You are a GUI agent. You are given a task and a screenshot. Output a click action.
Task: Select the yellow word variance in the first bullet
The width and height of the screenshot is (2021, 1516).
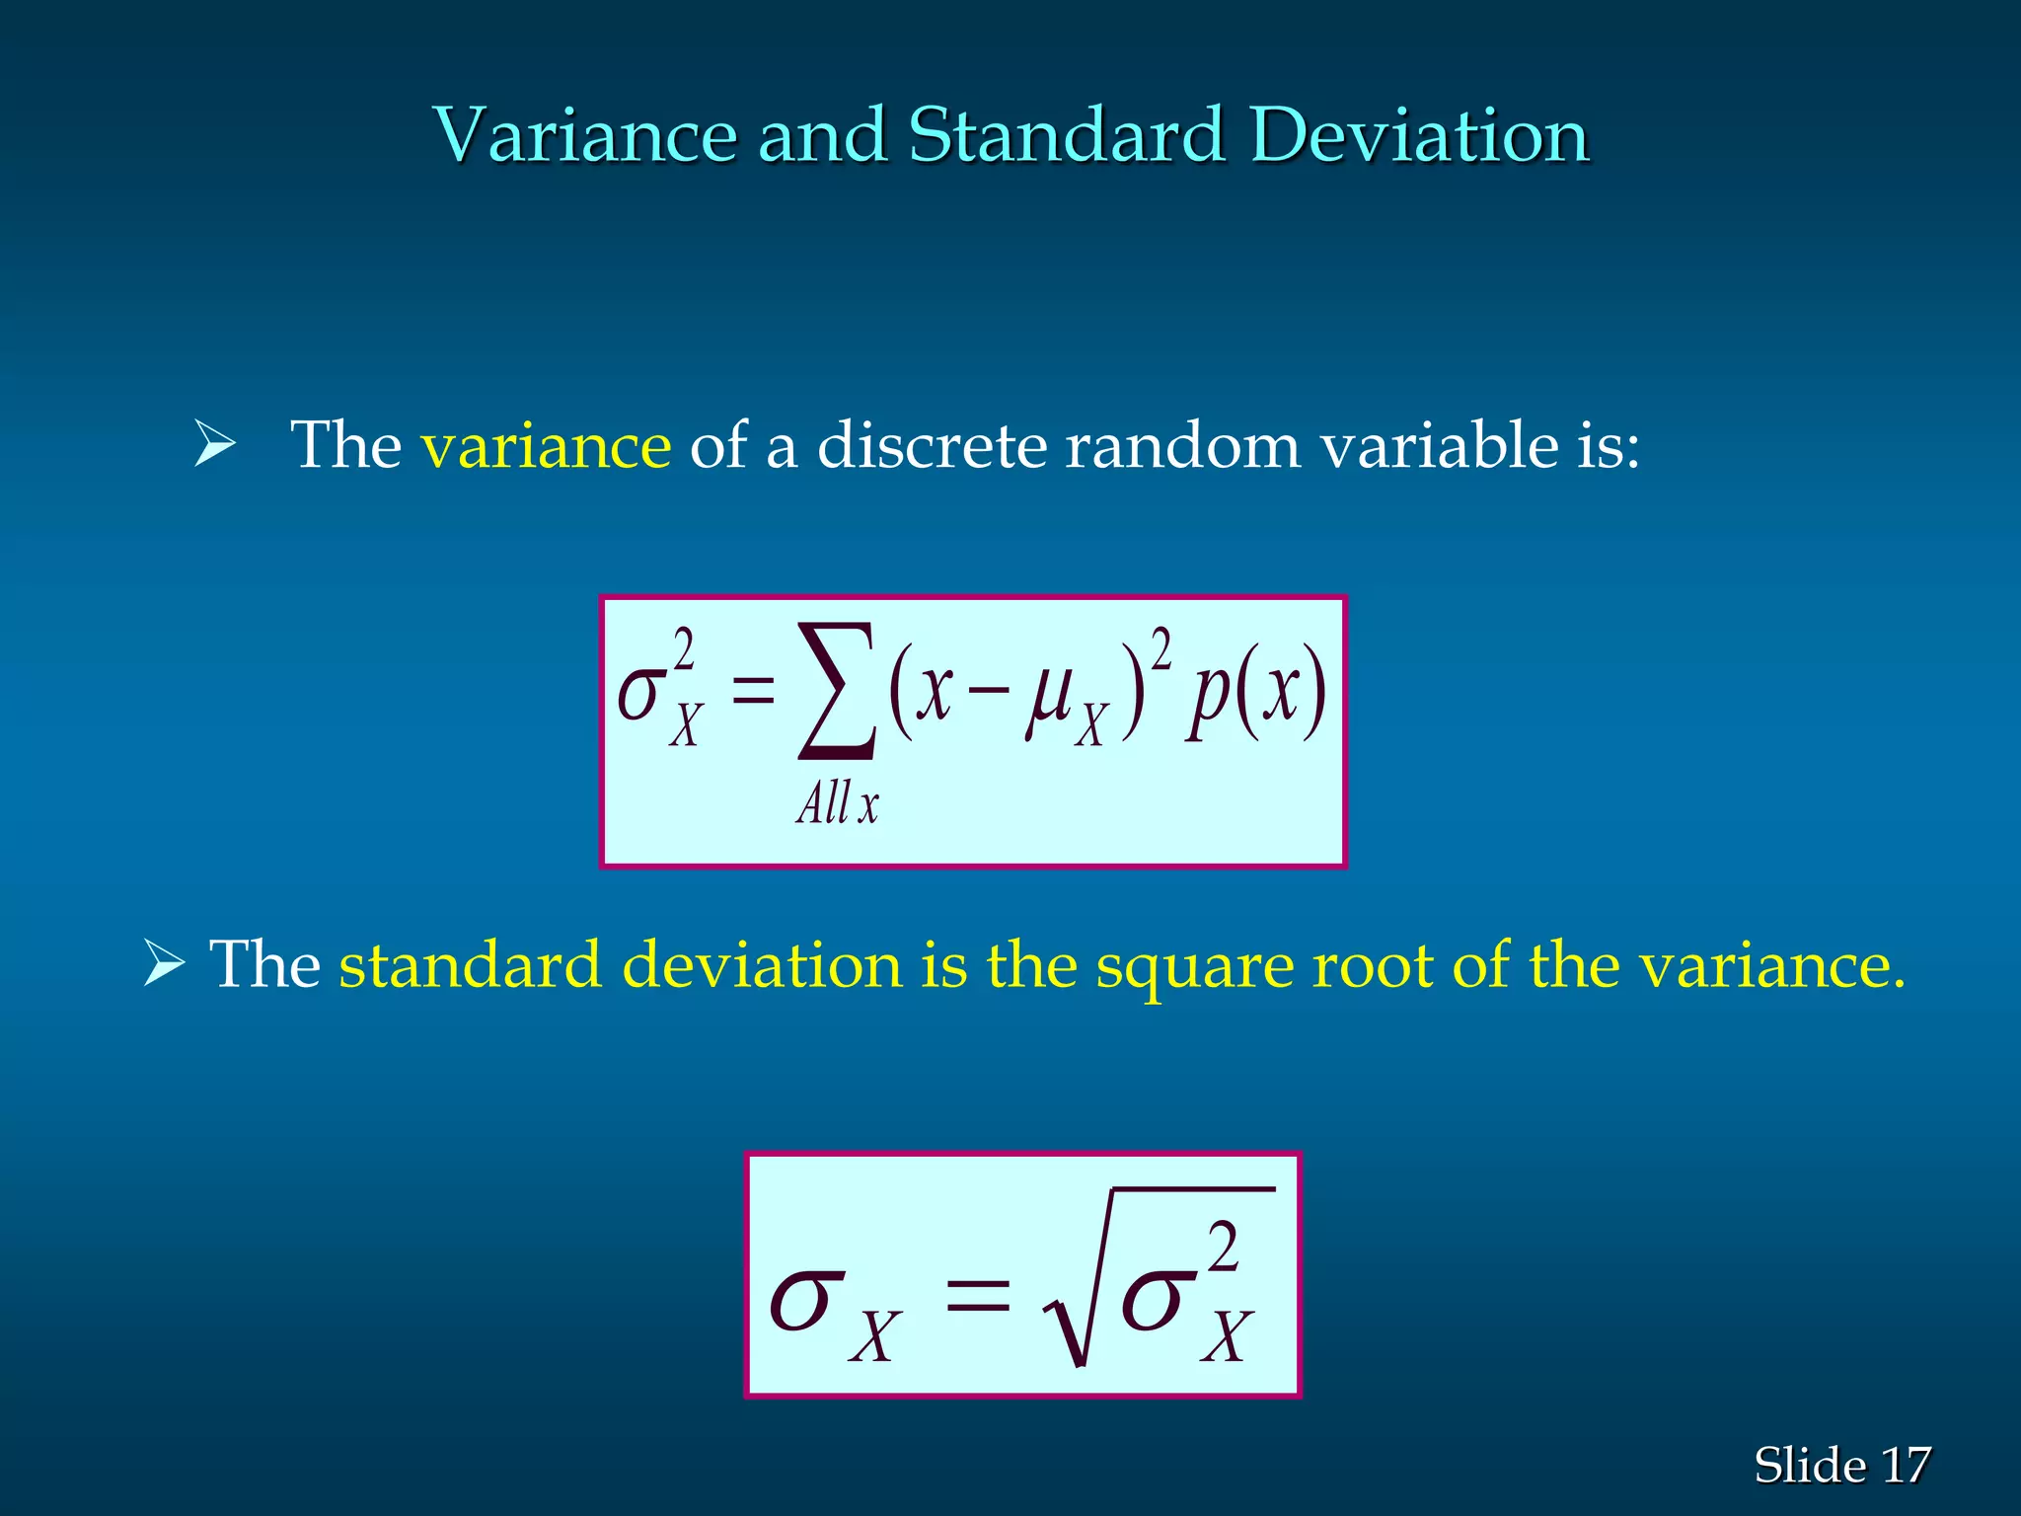tap(546, 445)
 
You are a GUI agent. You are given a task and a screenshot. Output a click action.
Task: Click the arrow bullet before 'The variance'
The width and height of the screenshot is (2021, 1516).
tap(214, 443)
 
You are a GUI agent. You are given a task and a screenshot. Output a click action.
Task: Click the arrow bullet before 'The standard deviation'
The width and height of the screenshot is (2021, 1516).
tap(164, 963)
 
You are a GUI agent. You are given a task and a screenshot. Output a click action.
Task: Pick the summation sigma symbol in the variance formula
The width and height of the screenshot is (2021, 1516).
tap(836, 691)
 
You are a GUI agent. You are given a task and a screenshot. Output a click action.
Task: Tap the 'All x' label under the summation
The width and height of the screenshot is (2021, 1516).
tap(837, 803)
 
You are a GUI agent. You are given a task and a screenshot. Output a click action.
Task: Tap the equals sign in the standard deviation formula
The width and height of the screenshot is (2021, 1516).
tap(977, 1294)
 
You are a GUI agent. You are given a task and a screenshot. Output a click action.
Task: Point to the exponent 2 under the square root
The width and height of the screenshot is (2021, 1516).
tap(1223, 1247)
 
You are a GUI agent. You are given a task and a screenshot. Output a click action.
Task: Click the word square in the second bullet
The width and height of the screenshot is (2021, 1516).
tap(1194, 964)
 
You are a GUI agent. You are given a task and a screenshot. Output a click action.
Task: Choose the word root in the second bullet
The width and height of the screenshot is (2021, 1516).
tap(1372, 964)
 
